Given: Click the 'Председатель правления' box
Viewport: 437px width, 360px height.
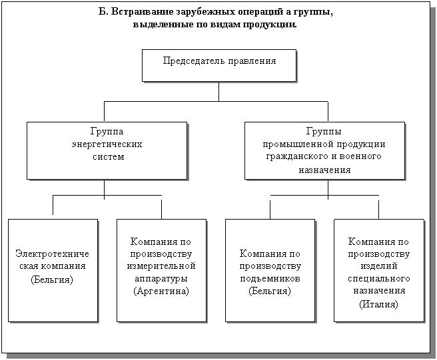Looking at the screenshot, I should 219,65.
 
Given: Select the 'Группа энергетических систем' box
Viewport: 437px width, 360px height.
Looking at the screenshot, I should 107,150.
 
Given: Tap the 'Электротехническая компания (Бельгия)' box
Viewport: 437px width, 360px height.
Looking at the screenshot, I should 53,270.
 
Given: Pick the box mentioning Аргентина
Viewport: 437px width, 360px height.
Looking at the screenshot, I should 161,270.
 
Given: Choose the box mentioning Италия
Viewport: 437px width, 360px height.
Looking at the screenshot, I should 378,270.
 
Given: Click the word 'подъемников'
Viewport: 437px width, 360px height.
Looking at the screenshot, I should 270,278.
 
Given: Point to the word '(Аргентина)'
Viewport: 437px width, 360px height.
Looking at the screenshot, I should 161,291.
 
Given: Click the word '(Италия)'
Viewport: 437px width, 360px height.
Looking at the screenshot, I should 378,304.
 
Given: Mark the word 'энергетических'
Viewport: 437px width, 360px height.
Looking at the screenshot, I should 107,144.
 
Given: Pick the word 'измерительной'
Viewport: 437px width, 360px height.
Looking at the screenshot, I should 161,266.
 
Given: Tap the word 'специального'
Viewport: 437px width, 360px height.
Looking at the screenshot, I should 378,278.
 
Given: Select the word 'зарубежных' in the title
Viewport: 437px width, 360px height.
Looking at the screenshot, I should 194,13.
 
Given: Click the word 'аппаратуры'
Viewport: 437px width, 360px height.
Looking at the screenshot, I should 161,278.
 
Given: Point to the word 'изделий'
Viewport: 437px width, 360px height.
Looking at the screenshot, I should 378,266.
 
